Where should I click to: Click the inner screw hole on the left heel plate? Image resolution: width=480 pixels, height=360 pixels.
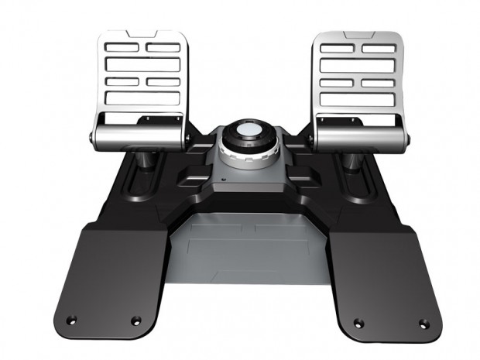tap(136, 320)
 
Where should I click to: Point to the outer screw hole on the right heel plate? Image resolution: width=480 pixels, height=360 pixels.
tap(423, 321)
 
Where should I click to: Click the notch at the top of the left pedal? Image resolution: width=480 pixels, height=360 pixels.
tap(144, 36)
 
